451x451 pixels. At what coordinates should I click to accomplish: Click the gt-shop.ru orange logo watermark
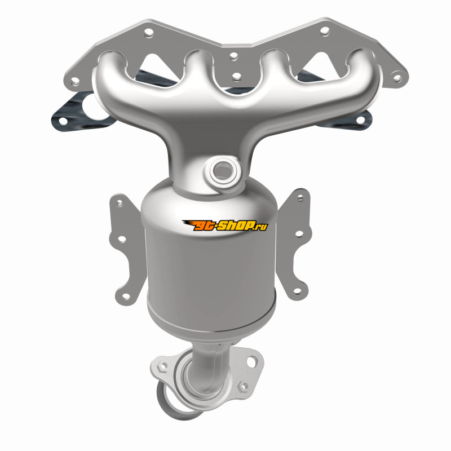click(224, 225)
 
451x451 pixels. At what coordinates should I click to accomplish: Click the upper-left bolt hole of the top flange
click(148, 33)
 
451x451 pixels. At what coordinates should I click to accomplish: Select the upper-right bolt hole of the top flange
click(325, 30)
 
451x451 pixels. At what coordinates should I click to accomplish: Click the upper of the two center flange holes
click(234, 56)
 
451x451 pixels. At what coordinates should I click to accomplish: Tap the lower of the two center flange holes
click(236, 77)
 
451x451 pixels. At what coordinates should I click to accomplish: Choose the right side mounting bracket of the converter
click(295, 245)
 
